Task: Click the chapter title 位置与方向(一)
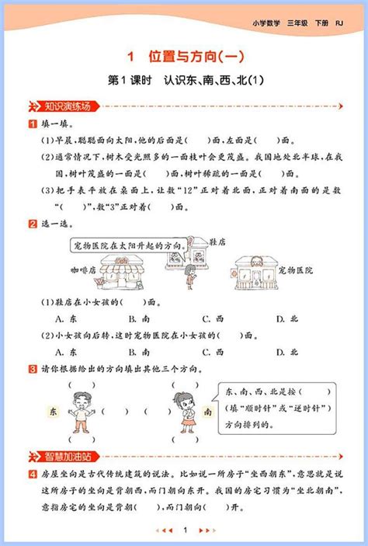point(184,57)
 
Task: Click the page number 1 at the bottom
point(184,530)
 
